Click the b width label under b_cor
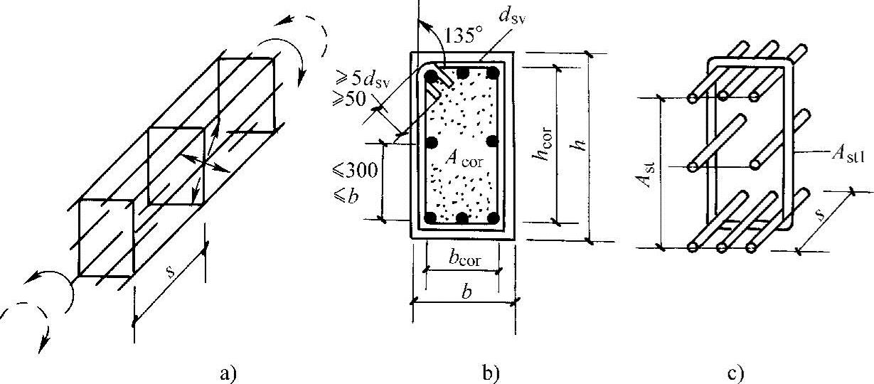click(464, 291)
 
